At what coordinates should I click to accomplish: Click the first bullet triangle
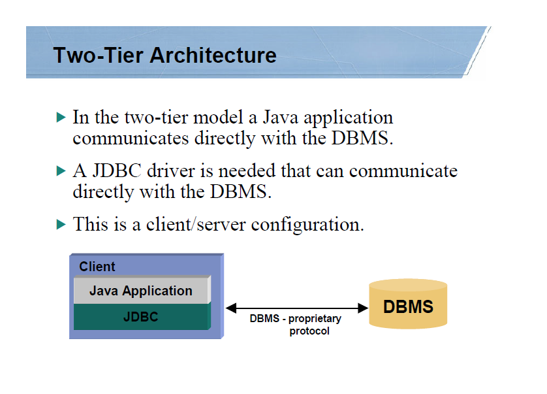(x=61, y=118)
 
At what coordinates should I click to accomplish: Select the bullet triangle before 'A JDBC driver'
(x=61, y=172)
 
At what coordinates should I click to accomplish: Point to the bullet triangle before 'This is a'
(x=61, y=225)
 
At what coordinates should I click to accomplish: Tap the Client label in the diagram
(x=97, y=267)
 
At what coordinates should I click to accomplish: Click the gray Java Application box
(x=141, y=291)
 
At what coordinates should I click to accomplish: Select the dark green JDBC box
(x=141, y=318)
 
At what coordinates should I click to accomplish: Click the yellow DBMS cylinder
(x=408, y=306)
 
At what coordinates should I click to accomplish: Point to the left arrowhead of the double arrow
(x=230, y=308)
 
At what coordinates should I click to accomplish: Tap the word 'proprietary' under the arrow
(x=315, y=320)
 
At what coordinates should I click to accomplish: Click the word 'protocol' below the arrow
(x=309, y=331)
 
